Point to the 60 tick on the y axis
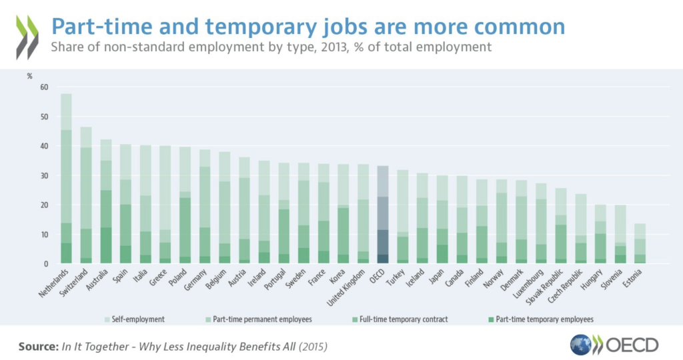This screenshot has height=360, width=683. pos(45,87)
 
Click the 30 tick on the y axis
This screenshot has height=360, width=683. pos(45,176)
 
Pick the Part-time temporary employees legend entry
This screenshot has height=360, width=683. pos(541,320)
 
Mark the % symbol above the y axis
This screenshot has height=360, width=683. pos(29,75)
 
